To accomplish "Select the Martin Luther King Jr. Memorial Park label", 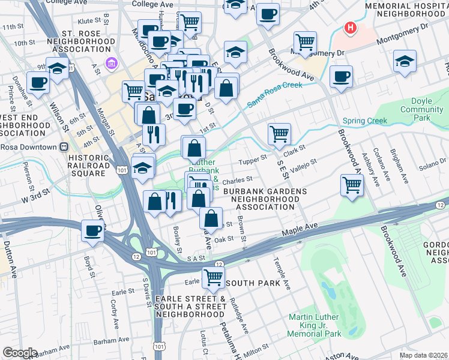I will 315,325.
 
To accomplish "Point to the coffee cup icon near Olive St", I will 92,230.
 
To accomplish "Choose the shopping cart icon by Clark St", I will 279,134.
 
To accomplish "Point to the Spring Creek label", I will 365,121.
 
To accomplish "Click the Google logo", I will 20,353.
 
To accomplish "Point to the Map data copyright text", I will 424,355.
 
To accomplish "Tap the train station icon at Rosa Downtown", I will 64,147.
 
